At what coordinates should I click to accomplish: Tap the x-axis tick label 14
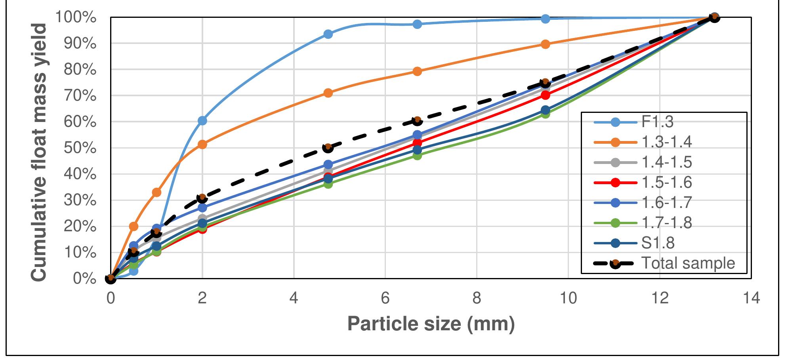(x=751, y=298)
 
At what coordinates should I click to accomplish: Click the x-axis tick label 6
(x=385, y=298)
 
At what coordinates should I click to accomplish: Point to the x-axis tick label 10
(x=568, y=298)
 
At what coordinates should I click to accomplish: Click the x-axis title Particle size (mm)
(x=431, y=324)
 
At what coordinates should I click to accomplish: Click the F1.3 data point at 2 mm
(x=202, y=120)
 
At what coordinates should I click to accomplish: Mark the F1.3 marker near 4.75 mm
(x=328, y=34)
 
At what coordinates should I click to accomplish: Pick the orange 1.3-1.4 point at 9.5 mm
(x=545, y=44)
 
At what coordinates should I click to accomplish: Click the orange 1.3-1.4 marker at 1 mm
(x=156, y=192)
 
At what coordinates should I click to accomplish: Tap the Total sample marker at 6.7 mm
(x=417, y=121)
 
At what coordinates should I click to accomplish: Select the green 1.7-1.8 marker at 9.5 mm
(x=545, y=114)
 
